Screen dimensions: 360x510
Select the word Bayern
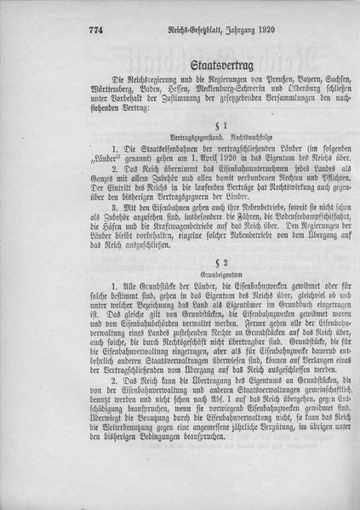click(x=277, y=87)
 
